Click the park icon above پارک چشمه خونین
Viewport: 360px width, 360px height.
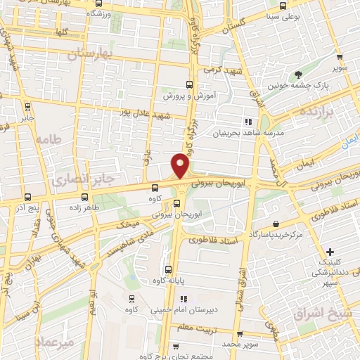click(x=300, y=75)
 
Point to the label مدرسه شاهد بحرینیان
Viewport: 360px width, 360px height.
click(x=257, y=132)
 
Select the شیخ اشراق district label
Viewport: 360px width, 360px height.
click(x=326, y=313)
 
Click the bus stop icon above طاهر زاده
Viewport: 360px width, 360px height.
click(x=86, y=198)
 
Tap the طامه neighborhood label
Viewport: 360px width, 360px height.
click(x=51, y=140)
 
